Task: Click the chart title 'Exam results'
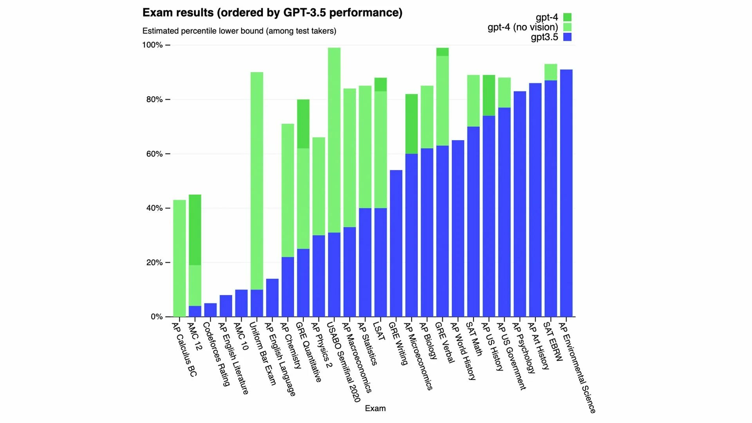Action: coord(272,13)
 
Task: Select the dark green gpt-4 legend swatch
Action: coord(567,17)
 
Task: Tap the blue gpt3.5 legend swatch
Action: coord(567,37)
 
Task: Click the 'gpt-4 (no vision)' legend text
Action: coord(522,27)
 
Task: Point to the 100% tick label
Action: coord(152,45)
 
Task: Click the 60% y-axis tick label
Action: coord(154,154)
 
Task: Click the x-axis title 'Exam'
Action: coord(375,409)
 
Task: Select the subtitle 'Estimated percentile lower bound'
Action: coord(239,31)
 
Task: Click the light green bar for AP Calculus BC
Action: coord(179,258)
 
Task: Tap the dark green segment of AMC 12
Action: coord(195,230)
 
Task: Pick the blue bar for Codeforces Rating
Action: coord(210,310)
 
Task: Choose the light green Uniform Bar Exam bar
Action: coord(257,180)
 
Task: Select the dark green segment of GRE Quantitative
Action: coord(303,124)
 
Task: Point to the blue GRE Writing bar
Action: coord(396,243)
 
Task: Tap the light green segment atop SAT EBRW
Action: coord(551,72)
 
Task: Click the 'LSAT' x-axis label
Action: coord(379,331)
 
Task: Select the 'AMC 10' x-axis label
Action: coord(241,336)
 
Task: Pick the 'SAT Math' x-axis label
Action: coord(474,339)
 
